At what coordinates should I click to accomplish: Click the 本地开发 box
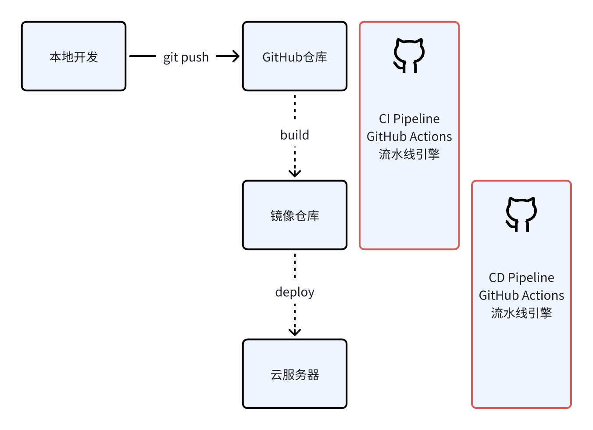coord(74,57)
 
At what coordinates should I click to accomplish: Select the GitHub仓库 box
coord(294,57)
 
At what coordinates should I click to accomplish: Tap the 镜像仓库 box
coord(294,215)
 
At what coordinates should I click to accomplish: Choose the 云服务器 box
coord(294,374)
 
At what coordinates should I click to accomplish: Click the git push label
coord(186,57)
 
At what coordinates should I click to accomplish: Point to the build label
coord(294,135)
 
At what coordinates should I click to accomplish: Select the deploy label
coord(294,292)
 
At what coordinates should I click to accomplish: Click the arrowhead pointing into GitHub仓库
coord(236,56)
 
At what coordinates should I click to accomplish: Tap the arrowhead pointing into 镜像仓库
coord(295,173)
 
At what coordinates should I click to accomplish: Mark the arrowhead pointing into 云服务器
coord(295,332)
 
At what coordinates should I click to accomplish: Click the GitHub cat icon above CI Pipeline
coord(409,55)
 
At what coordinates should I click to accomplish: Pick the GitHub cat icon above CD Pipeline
coord(521,214)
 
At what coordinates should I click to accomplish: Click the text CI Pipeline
coord(409,119)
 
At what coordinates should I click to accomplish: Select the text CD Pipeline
coord(521,278)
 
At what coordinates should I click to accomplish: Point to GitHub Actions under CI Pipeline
coord(409,136)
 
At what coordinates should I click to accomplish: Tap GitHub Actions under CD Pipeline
coord(521,295)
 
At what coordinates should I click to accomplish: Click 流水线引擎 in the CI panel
coord(409,154)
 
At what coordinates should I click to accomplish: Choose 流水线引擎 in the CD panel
coord(521,313)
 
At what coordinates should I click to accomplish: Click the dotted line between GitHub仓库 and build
coord(295,107)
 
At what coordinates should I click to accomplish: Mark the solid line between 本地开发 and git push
coord(143,56)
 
